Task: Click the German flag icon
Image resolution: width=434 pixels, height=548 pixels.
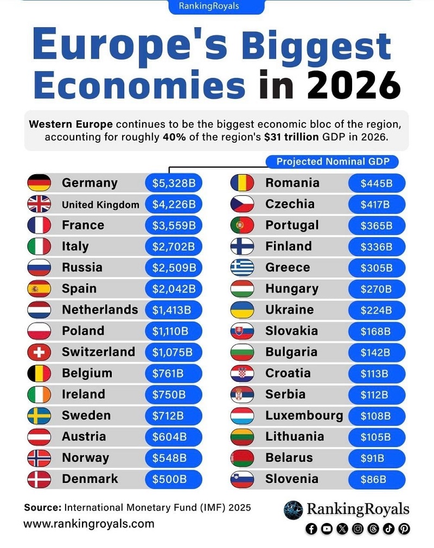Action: tap(39, 183)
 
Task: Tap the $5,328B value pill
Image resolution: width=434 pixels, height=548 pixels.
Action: tap(173, 183)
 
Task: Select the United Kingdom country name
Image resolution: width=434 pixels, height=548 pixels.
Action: tap(100, 205)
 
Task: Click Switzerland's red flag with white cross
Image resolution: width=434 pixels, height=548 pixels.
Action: tap(39, 352)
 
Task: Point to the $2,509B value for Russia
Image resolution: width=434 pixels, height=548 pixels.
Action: tap(173, 267)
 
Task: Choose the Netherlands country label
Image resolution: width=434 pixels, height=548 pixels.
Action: tap(100, 310)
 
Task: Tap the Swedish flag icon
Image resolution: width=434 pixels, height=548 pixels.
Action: tap(39, 416)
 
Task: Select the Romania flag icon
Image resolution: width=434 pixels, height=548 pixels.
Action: tap(242, 183)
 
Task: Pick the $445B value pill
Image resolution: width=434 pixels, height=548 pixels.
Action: tap(376, 183)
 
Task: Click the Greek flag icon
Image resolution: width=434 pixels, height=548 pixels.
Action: tap(242, 267)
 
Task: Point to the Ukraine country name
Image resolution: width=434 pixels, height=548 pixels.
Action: tap(289, 310)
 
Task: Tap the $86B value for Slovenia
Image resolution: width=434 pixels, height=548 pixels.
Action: tap(374, 479)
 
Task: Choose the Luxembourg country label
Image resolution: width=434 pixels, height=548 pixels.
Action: tap(304, 416)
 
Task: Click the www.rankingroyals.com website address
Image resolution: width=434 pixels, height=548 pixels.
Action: tap(88, 524)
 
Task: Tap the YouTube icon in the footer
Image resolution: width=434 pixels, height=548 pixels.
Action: tap(327, 528)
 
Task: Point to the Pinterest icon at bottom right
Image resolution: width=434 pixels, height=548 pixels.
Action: tap(404, 528)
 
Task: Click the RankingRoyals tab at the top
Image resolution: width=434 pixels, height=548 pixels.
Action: tap(216, 7)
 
